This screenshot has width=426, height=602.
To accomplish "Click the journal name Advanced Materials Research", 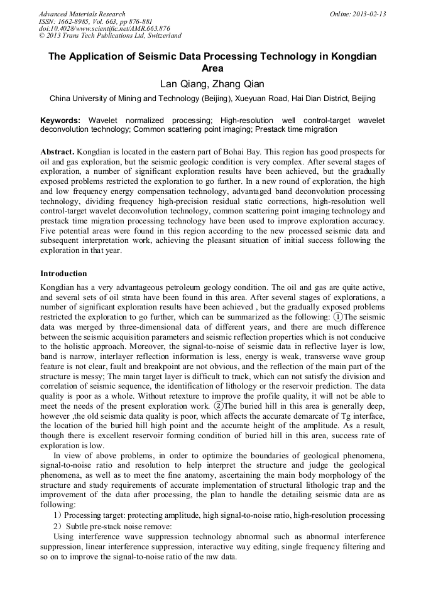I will [82, 14].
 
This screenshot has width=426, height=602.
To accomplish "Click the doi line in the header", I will [104, 28].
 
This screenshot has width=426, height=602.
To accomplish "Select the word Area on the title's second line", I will [212, 68].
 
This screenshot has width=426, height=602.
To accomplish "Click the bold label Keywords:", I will [60, 120].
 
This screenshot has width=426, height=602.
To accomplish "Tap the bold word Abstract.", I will [58, 153].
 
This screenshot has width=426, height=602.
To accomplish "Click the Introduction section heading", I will [63, 274].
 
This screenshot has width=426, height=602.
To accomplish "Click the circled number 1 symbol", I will [338, 317].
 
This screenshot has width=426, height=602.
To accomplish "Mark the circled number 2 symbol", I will [217, 406].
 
